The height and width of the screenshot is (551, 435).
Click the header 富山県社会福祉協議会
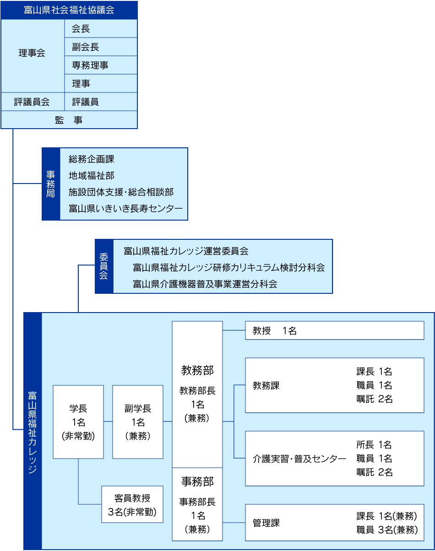click(x=69, y=10)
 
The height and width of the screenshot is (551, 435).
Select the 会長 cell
click(x=101, y=28)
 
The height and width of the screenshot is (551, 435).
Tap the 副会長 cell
click(x=101, y=47)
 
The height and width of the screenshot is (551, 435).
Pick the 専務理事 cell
click(x=101, y=65)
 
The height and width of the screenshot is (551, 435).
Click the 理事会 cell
click(x=33, y=56)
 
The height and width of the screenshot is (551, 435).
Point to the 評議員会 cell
click(x=33, y=102)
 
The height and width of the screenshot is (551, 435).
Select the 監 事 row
click(x=69, y=120)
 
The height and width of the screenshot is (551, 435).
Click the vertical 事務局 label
click(x=51, y=184)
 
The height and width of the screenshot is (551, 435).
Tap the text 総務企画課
click(x=91, y=159)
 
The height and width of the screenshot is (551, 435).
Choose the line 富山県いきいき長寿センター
click(x=126, y=208)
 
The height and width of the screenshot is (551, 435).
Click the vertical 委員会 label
click(x=104, y=266)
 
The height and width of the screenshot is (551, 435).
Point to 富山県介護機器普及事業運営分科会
click(x=205, y=284)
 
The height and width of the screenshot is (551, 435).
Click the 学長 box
click(x=78, y=422)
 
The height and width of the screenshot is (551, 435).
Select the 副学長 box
click(x=137, y=422)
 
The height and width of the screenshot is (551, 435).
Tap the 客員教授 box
click(x=132, y=504)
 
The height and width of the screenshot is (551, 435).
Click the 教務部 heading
click(x=197, y=370)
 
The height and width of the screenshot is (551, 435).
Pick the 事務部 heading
click(x=197, y=481)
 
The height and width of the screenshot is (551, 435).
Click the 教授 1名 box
click(x=335, y=330)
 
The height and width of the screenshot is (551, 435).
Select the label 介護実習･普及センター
click(x=299, y=459)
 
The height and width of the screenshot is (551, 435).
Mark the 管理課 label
click(x=266, y=523)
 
